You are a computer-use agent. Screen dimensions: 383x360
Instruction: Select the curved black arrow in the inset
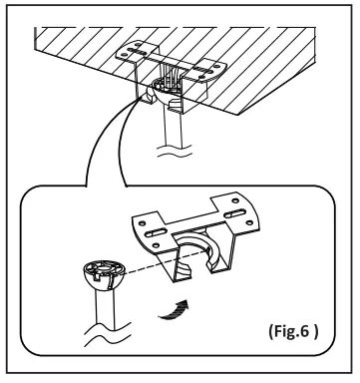pyautogui.click(x=182, y=314)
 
